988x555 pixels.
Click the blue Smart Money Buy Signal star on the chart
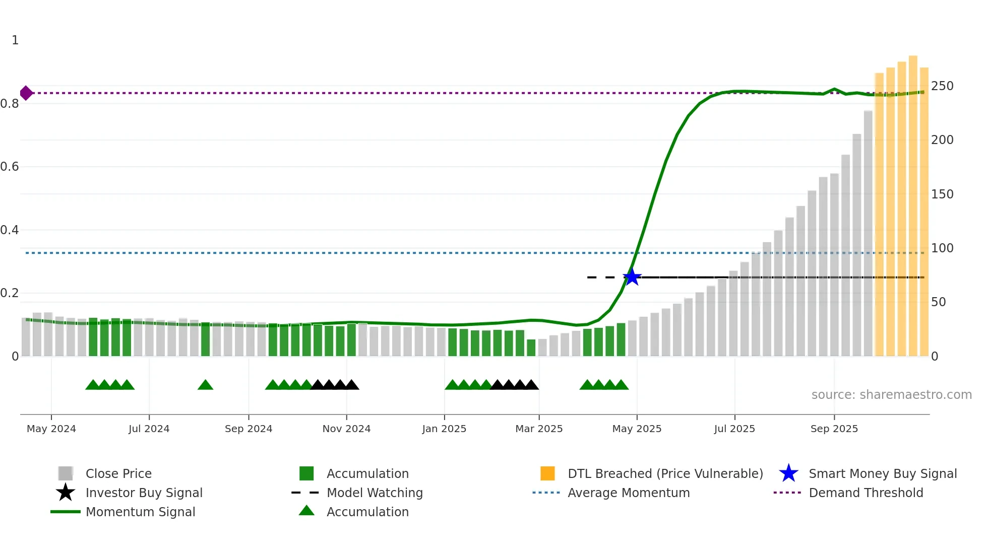click(x=632, y=277)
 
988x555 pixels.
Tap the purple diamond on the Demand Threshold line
click(x=26, y=93)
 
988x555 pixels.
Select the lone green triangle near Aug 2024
click(x=205, y=385)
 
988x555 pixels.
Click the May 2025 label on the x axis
click(x=637, y=429)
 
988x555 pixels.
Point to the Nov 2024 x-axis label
click(x=346, y=429)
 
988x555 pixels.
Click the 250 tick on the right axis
click(x=942, y=86)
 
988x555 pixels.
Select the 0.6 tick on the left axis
click(x=10, y=167)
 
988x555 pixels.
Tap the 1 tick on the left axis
click(x=15, y=40)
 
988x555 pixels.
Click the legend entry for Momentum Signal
click(x=140, y=512)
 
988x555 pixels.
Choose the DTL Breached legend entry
click(x=665, y=473)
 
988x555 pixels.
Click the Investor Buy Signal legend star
click(x=66, y=493)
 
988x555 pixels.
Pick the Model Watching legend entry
click(x=374, y=493)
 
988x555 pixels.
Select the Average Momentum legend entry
click(x=628, y=493)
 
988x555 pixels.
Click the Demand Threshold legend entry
click(x=866, y=493)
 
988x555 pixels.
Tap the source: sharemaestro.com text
click(x=891, y=395)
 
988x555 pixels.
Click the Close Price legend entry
click(x=118, y=473)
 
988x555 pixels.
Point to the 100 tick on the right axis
click(x=942, y=248)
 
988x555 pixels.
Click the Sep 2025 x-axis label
click(x=834, y=429)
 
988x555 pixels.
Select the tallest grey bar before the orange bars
click(x=868, y=234)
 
